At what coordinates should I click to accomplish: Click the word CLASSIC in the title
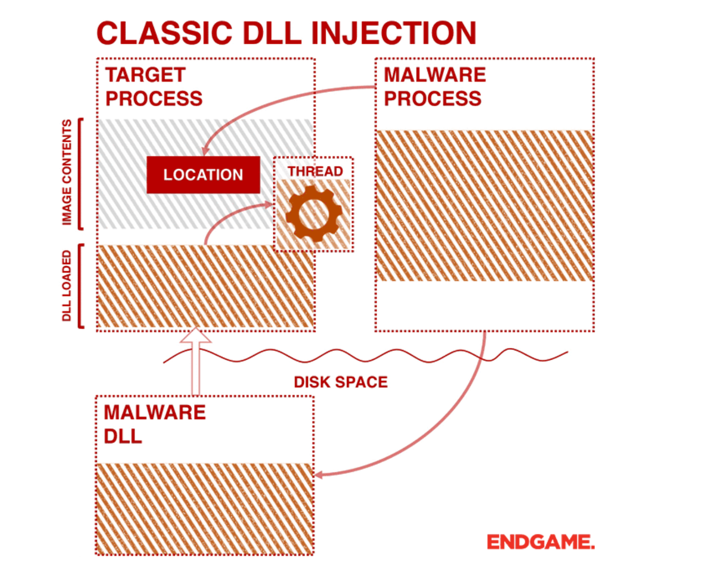[165, 33]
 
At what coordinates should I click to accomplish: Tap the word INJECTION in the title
[393, 33]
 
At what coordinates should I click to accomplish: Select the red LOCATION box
[203, 175]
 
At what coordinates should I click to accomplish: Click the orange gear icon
[314, 213]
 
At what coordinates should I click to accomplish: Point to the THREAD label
[315, 171]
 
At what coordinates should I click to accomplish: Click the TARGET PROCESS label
[154, 86]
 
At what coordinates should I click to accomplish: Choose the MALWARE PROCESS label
[434, 86]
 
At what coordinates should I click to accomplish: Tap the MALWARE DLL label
[155, 424]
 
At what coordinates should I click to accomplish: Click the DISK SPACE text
[340, 382]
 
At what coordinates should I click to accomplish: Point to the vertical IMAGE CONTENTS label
[67, 172]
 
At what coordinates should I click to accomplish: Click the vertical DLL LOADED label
[67, 285]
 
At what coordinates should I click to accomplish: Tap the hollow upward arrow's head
[196, 335]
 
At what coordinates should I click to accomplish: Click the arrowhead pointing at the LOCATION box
[205, 151]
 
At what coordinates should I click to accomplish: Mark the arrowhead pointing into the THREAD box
[268, 205]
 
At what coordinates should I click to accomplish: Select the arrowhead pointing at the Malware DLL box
[318, 474]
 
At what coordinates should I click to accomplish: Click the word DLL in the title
[272, 33]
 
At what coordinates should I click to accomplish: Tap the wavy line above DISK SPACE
[365, 356]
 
